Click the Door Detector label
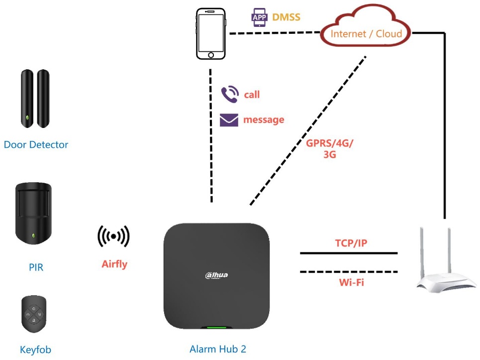[x=36, y=145]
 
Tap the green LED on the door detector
[x=28, y=119]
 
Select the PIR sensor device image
[x=33, y=214]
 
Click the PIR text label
[x=36, y=267]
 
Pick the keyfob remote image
[x=34, y=315]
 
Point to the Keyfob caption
[x=35, y=350]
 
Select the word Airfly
[x=114, y=264]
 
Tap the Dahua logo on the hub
[x=216, y=275]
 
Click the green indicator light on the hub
[x=216, y=328]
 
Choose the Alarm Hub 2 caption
[x=218, y=349]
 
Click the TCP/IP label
[x=349, y=243]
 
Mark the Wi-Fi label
[x=349, y=282]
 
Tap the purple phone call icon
[x=229, y=94]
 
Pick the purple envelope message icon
[x=229, y=120]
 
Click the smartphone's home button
[x=211, y=54]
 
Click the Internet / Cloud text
[x=366, y=34]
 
